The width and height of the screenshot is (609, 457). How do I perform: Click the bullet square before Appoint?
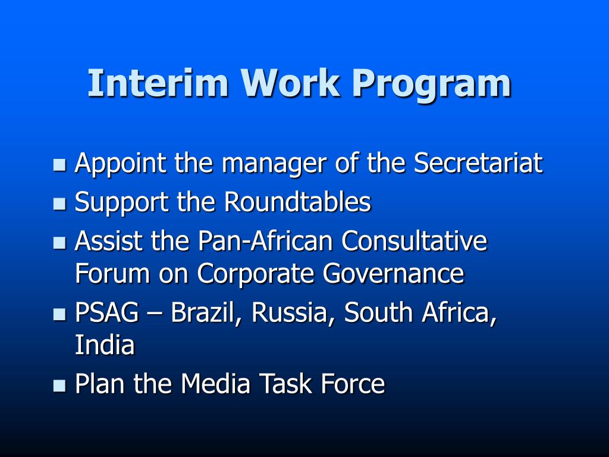tap(59, 165)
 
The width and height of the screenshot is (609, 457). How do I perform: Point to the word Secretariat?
tap(478, 162)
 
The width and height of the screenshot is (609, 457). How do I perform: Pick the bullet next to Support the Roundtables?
tap(59, 204)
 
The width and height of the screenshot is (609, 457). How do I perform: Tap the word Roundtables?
tap(297, 202)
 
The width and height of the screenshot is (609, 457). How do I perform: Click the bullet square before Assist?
tap(59, 243)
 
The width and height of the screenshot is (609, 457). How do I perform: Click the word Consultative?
tap(414, 242)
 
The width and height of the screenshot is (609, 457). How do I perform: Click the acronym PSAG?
tap(106, 313)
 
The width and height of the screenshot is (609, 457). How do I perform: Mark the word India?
tap(105, 345)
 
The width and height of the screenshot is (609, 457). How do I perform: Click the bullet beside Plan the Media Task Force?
tap(59, 386)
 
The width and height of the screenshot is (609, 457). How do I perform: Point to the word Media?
tap(216, 384)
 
